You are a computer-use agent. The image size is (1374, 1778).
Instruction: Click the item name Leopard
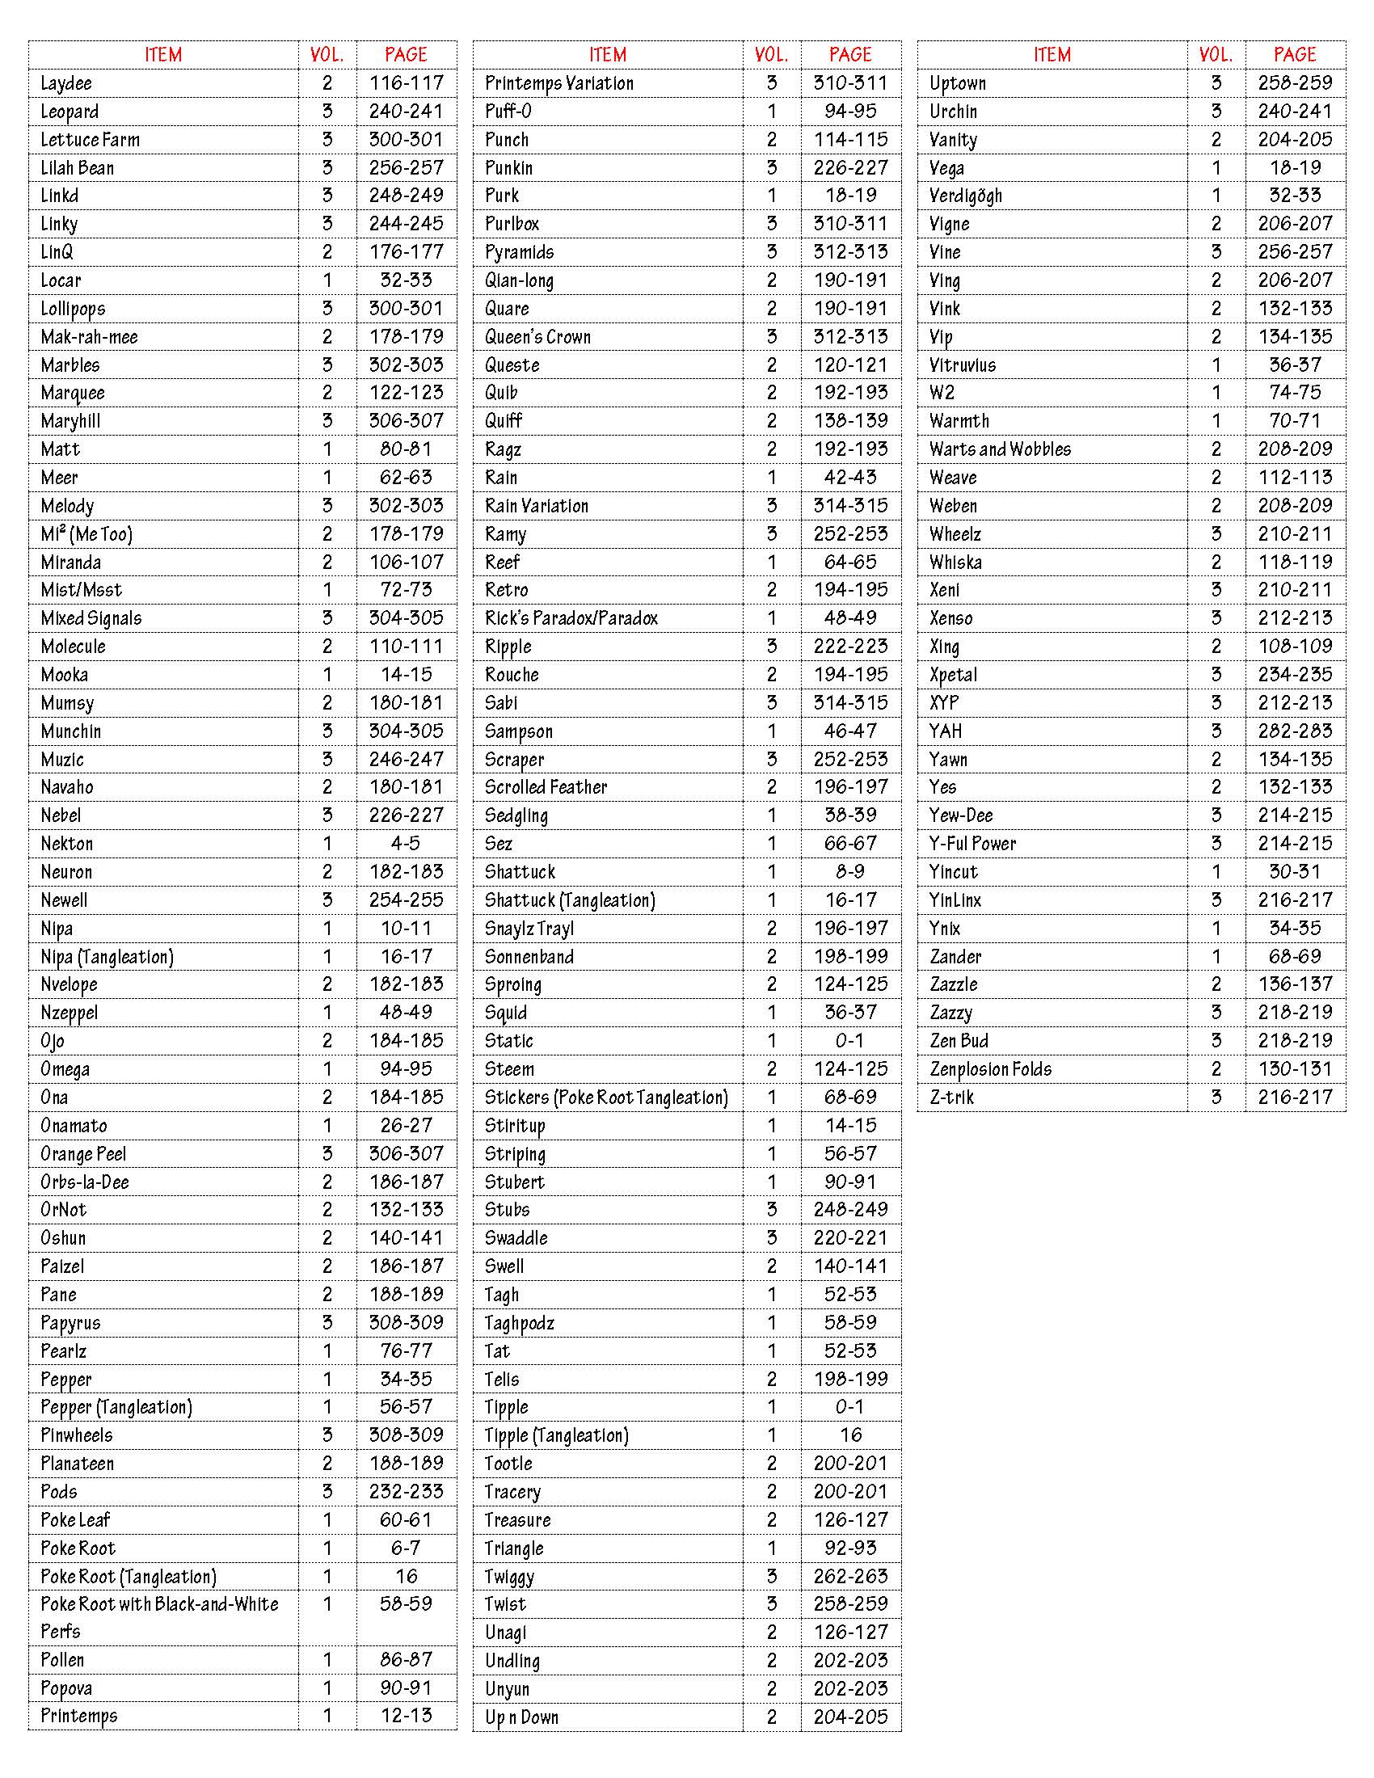pos(70,112)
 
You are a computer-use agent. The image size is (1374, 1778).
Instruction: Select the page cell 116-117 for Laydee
pos(407,83)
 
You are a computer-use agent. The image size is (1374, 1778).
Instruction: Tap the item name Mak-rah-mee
pos(90,337)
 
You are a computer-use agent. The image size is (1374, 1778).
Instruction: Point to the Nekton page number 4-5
pos(407,844)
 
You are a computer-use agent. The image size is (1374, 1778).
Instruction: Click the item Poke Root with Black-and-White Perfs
pos(159,1617)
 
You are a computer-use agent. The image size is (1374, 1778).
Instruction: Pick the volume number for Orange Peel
pos(327,1153)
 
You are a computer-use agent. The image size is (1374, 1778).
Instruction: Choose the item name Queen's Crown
pos(538,337)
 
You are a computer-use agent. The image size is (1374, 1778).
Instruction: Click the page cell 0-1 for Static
pos(850,1041)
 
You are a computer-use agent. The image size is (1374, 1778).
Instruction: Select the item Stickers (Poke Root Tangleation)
pos(606,1098)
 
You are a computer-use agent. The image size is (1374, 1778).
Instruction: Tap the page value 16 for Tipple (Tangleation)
pos(850,1435)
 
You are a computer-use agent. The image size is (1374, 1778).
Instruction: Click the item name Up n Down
pos(522,1717)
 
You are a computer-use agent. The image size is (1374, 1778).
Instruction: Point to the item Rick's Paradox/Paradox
pos(571,619)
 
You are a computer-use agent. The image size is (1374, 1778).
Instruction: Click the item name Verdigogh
pos(966,196)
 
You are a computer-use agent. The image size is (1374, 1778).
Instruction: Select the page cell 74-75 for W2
pos(1295,394)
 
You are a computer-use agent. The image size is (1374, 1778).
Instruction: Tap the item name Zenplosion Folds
pos(991,1069)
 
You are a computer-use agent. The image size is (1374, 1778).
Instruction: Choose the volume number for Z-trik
pos(1216,1098)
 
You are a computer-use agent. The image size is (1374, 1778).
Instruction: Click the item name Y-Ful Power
pos(972,844)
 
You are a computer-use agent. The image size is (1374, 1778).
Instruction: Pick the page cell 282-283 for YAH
pos(1295,731)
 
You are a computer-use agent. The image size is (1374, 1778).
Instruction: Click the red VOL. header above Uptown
pos(1216,54)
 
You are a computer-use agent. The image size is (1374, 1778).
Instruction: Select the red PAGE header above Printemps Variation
pos(850,54)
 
